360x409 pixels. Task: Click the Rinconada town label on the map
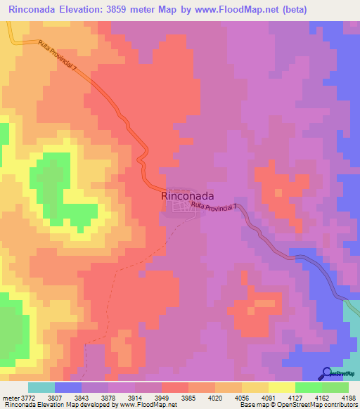(188, 197)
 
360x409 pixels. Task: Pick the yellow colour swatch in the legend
(281, 387)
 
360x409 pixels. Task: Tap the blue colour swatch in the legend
(68, 387)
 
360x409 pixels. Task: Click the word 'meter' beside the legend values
(11, 397)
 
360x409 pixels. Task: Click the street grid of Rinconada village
(186, 207)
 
